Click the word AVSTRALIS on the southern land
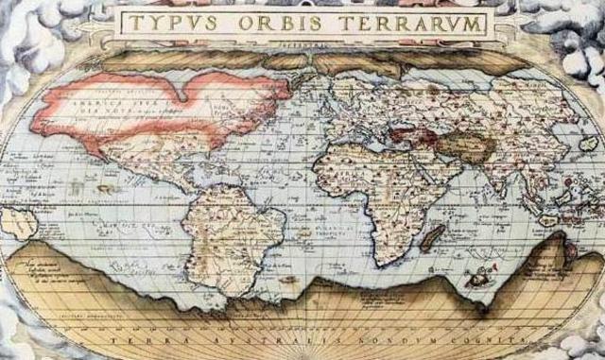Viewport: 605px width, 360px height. [248, 337]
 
